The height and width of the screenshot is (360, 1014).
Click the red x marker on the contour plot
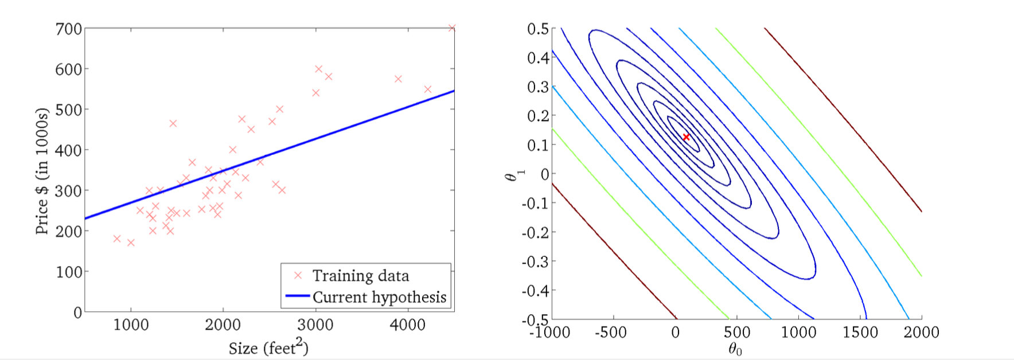[686, 137]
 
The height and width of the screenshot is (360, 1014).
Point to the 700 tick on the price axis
[68, 29]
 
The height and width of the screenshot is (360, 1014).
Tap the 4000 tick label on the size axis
[407, 325]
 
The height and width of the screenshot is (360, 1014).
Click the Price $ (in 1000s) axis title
[42, 171]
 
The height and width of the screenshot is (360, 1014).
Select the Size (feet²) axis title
[268, 347]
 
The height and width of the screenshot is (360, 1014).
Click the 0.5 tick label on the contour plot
[537, 29]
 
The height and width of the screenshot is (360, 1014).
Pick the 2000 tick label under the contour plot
[921, 332]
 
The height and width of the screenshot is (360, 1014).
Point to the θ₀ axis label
[735, 349]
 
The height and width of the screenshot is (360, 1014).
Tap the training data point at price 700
[452, 28]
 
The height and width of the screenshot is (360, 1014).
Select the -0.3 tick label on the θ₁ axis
[535, 261]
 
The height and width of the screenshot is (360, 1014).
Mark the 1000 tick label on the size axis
[131, 325]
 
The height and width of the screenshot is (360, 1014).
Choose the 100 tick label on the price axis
[68, 272]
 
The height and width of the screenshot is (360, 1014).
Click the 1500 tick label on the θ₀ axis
[860, 332]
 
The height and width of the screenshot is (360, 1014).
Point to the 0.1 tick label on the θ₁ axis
[537, 145]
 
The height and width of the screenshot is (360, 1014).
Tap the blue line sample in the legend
[298, 296]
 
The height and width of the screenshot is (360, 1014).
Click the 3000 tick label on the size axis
[315, 325]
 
